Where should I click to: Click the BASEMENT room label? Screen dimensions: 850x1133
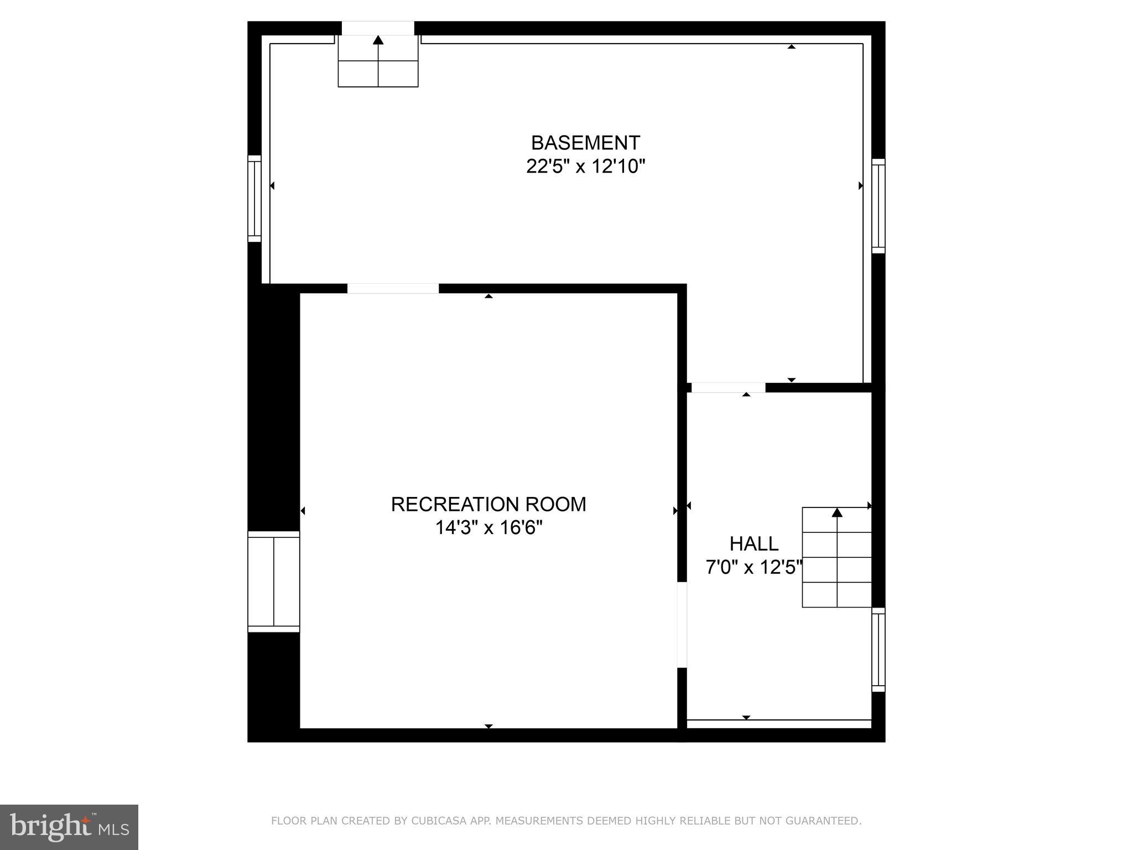[585, 143]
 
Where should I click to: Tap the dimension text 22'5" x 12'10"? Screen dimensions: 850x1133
[585, 167]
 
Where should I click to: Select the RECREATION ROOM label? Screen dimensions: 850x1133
[488, 504]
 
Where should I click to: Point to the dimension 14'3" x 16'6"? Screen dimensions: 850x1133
[488, 528]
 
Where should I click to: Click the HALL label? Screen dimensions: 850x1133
[753, 544]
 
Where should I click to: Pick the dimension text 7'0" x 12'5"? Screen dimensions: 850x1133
[753, 567]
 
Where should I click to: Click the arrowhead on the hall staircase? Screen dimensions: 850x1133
[837, 512]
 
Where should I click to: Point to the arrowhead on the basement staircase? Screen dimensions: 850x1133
[378, 40]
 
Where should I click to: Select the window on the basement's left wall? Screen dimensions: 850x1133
[254, 199]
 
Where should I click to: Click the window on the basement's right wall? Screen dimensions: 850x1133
[878, 206]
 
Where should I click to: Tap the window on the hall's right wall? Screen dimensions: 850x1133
[878, 650]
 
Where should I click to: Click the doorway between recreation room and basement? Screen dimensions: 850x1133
[393, 288]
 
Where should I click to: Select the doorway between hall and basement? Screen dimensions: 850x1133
[728, 387]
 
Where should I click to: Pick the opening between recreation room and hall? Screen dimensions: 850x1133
[682, 625]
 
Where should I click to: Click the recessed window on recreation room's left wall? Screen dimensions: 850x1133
[273, 581]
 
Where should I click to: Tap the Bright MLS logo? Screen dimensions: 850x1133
[69, 827]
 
